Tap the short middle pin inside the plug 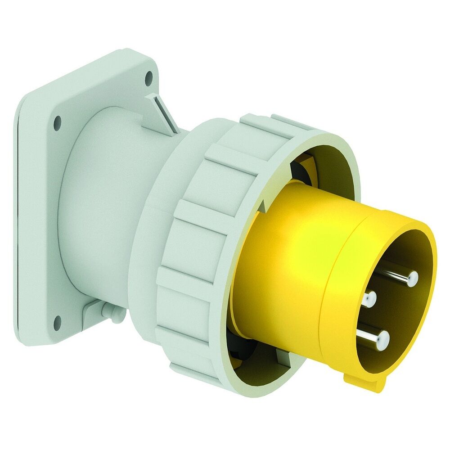point(371,297)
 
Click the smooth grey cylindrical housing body point(103,202)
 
